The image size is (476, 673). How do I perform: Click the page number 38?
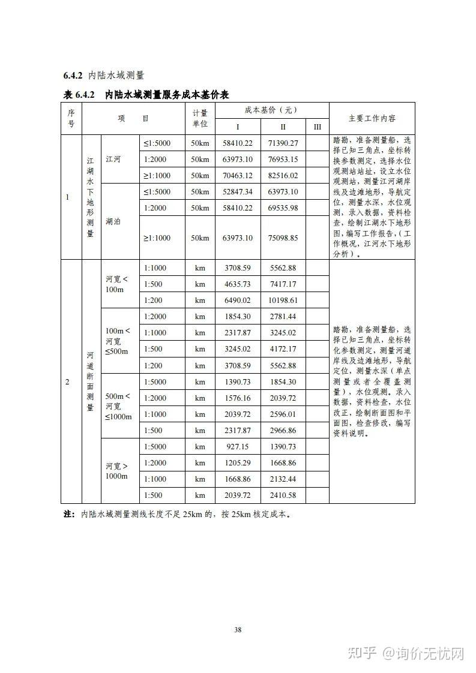238,629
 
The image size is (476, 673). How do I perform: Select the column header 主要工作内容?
372,118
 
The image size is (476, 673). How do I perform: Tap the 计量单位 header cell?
200,118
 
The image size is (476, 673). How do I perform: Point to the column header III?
318,127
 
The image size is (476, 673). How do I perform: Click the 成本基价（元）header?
271,110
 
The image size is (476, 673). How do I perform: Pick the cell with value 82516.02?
283,175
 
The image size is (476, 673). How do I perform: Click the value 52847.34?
238,191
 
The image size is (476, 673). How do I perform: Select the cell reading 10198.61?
283,300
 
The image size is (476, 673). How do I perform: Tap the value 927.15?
238,447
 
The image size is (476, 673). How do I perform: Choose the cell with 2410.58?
283,495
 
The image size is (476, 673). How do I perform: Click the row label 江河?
113,160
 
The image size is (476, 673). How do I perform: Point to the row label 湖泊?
113,221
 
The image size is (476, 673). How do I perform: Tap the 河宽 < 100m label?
117,284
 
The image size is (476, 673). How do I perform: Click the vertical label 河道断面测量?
91,381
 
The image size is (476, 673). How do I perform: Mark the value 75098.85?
283,238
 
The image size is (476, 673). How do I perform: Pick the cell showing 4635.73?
238,284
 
